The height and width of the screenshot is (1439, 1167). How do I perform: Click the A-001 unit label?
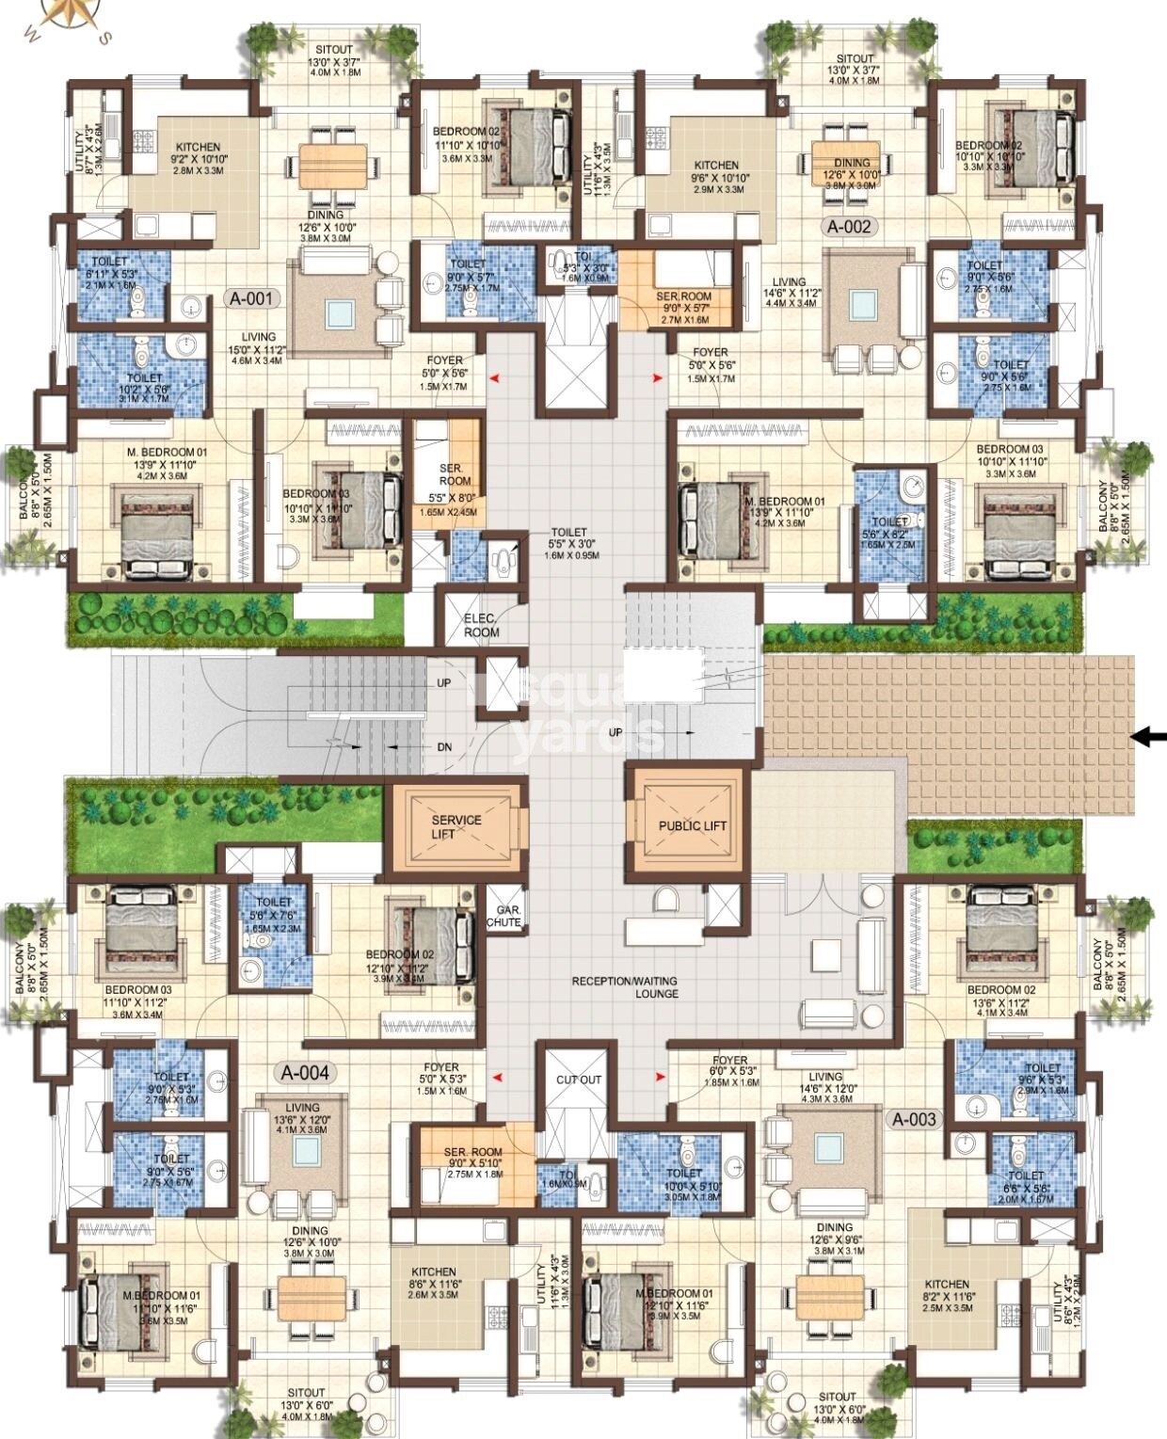[x=251, y=299]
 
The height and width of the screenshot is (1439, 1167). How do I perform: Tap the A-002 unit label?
[x=850, y=227]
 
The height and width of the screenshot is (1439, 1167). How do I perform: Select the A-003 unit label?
[x=914, y=1119]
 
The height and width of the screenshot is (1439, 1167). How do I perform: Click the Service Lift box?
[x=456, y=825]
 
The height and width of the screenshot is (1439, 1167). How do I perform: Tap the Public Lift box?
[x=693, y=824]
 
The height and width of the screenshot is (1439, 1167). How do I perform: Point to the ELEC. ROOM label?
[x=481, y=626]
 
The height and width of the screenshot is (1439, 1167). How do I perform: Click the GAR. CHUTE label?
[x=504, y=917]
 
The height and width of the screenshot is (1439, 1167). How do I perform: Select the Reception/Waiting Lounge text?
[x=624, y=986]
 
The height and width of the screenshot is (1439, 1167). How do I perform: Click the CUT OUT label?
[x=578, y=1079]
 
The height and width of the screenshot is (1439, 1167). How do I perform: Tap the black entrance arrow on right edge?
[x=1148, y=738]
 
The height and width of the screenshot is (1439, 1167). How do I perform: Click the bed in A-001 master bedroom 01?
[x=156, y=529]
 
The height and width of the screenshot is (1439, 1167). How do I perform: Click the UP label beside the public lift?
[x=616, y=732]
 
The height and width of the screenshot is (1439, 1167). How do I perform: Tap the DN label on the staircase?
[x=444, y=747]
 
